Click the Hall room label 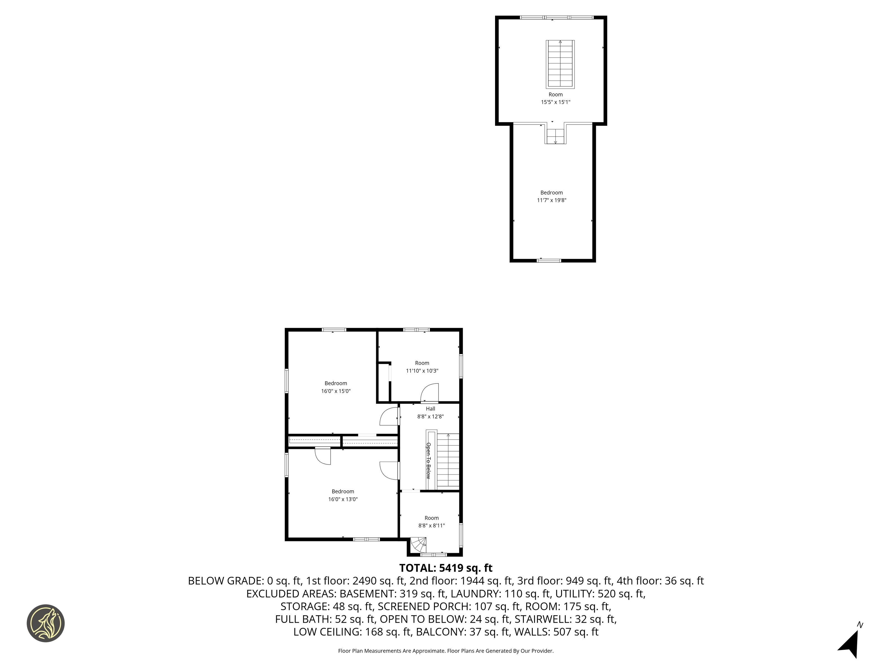pos(430,408)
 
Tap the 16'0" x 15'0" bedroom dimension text pos(336,391)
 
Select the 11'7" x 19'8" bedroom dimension pos(552,200)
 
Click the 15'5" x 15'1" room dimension pos(556,102)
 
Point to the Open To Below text pos(429,460)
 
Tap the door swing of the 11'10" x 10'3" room pos(430,393)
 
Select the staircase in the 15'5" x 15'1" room pos(560,64)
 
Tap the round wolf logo pos(46,623)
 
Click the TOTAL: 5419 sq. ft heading pos(446,568)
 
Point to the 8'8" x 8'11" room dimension pos(432,525)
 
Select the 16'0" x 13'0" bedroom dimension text pos(343,499)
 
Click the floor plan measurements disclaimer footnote pos(446,650)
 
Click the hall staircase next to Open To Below pos(448,461)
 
